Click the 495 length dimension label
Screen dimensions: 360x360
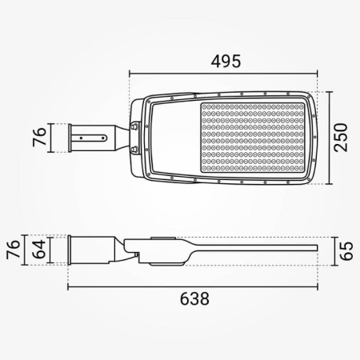coord(226,61)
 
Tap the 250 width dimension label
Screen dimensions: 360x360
coord(341,138)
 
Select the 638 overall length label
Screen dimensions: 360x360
coord(194,298)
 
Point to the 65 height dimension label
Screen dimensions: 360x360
coord(346,250)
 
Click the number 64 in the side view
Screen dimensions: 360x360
coord(41,250)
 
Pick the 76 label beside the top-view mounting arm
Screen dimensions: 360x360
coord(39,138)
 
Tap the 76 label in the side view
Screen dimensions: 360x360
coord(14,250)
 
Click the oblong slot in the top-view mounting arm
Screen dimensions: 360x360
coord(90,138)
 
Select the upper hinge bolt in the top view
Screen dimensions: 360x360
coord(135,126)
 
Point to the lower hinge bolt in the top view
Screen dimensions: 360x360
coord(135,150)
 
